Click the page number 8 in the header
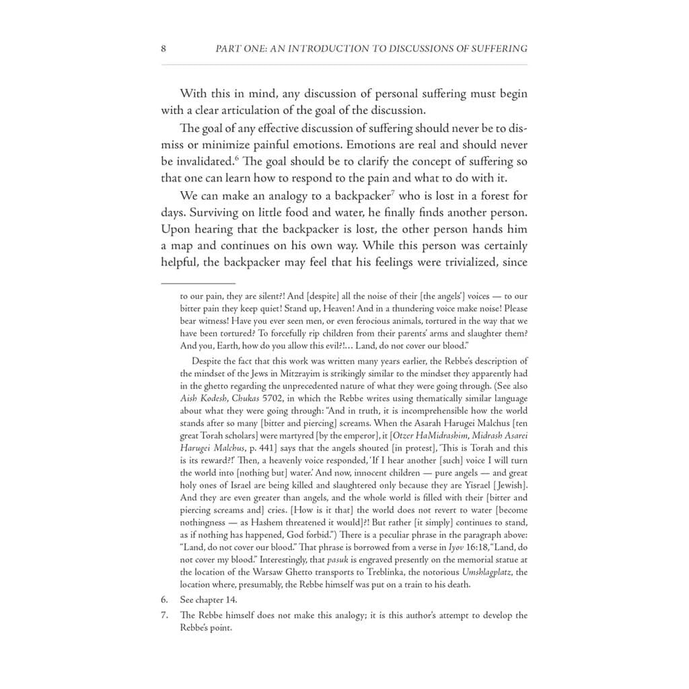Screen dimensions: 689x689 (x=164, y=48)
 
